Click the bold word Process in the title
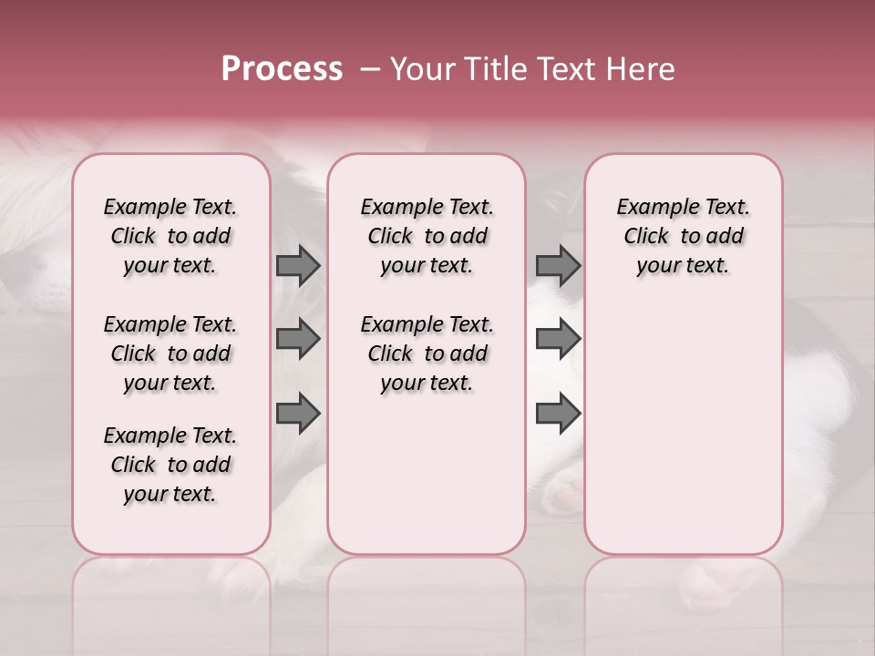282,69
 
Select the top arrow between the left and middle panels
298,266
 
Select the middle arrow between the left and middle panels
298,339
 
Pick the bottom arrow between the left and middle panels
298,414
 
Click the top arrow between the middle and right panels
558,266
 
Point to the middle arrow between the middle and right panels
558,339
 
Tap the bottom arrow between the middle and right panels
558,414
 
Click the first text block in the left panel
170,236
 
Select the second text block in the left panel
170,354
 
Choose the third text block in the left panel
170,465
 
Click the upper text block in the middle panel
427,236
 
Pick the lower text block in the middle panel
427,354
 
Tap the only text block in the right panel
683,236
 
